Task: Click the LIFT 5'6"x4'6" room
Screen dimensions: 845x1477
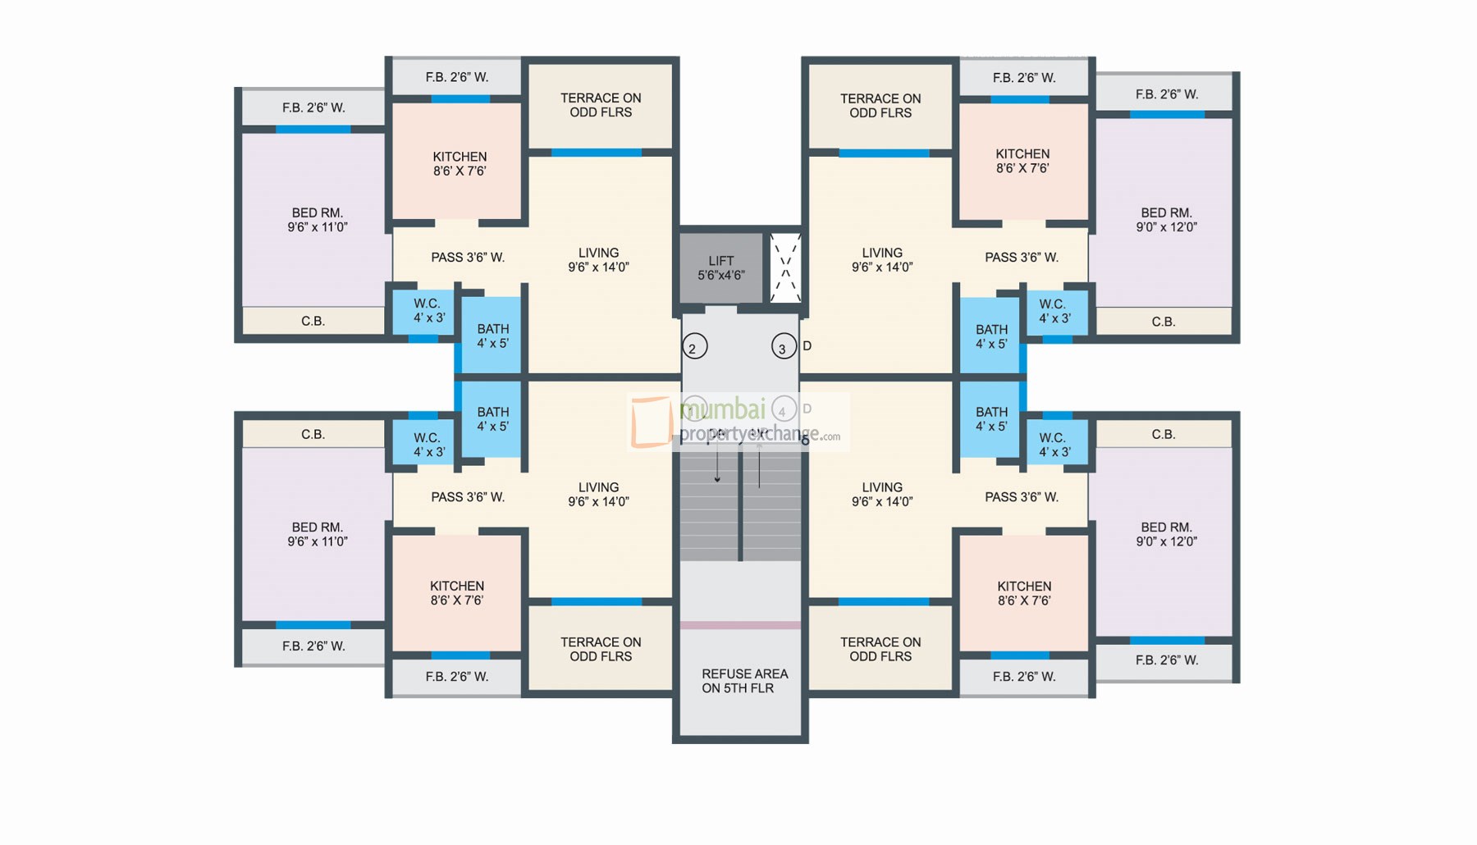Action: coord(720,268)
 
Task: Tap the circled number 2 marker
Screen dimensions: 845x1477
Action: coord(694,347)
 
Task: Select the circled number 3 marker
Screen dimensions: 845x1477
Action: coord(784,347)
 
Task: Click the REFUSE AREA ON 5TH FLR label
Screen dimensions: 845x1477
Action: coord(743,681)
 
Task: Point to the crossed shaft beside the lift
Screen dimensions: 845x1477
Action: coord(785,268)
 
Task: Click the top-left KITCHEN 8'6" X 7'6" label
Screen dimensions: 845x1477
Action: coord(460,163)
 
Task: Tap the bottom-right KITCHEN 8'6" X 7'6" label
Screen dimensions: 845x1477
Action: coord(1023,593)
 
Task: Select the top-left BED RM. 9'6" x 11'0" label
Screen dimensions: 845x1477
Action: coord(317,220)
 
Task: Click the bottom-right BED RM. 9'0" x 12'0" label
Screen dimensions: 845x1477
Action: coord(1166,534)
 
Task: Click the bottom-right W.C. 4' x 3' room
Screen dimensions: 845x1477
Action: coord(1054,445)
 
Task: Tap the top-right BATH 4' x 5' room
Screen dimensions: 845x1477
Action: coord(991,336)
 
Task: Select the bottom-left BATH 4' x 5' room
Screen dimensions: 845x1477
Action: coord(492,419)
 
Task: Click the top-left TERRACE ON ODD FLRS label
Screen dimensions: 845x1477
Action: coord(601,105)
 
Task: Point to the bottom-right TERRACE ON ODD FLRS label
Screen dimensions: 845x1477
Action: coord(880,649)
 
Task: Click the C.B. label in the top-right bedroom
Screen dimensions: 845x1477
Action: coord(1163,322)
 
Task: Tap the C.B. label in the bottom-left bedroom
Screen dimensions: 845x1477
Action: coord(313,434)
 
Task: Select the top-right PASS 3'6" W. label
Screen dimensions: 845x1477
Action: coord(1021,258)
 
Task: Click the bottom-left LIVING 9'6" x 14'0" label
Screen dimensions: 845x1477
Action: coord(598,494)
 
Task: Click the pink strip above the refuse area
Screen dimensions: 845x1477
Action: coord(740,625)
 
